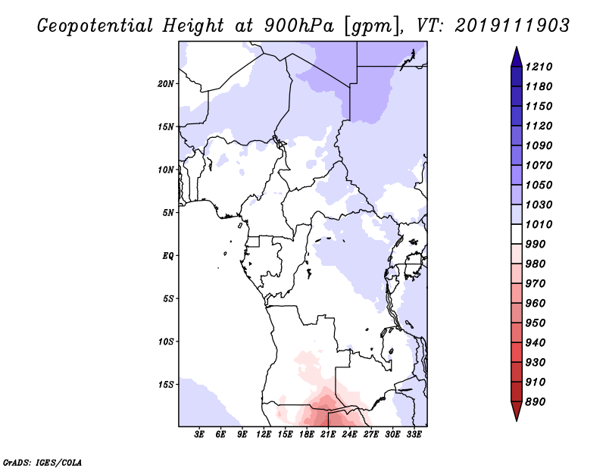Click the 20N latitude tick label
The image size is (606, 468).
(166, 83)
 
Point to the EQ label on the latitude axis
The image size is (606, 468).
(168, 255)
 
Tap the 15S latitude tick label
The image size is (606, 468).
(166, 385)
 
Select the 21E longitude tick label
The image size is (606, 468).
(328, 435)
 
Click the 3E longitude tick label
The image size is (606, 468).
(199, 435)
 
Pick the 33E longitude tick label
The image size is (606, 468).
(414, 435)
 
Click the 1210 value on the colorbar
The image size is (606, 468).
(539, 67)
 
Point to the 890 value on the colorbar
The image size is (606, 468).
(536, 401)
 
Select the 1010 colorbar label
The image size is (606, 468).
(539, 224)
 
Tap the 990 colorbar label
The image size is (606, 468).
(536, 244)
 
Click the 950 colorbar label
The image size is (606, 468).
(536, 323)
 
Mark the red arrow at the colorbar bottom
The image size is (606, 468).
(517, 410)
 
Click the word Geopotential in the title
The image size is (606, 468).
(95, 26)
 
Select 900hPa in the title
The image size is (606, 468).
(298, 26)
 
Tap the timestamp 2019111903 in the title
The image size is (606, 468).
(512, 26)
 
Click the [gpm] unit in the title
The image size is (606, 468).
(371, 27)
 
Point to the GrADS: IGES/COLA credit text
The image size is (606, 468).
(42, 462)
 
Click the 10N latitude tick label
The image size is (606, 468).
(166, 170)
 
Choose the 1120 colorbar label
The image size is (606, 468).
(539, 126)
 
